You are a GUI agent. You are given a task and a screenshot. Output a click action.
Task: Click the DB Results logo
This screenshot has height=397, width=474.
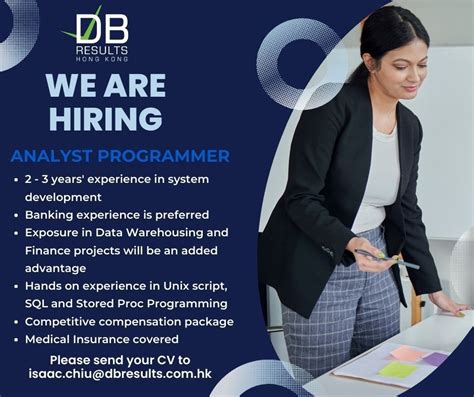click(101, 34)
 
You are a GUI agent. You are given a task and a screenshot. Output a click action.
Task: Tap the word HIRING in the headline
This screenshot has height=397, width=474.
click(104, 118)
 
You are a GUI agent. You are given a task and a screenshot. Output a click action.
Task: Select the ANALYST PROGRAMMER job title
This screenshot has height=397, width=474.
click(120, 156)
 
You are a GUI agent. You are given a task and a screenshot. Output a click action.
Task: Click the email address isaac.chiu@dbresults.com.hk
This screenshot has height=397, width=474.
click(120, 374)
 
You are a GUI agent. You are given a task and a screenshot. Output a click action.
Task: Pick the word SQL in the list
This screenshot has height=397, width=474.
click(39, 303)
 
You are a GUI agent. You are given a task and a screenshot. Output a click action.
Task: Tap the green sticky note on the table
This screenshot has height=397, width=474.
click(397, 370)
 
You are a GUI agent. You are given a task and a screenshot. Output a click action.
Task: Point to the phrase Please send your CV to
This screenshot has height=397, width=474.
click(120, 359)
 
